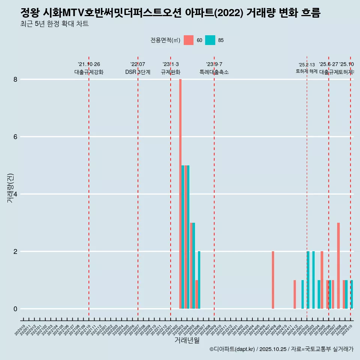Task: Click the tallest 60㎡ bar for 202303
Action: coord(180,194)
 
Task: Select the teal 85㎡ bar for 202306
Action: coord(199,280)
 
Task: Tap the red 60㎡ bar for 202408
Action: coord(273,280)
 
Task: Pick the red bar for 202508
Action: coord(338,265)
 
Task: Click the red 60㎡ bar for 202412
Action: coord(295,294)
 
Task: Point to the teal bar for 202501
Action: coord(303,294)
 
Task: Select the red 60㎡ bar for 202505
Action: coord(322,280)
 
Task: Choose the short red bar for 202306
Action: coord(196,294)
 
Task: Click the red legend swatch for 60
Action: coord(189,40)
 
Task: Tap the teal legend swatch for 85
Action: coord(210,40)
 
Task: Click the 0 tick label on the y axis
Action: coord(16,309)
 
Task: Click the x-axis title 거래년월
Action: coord(187,340)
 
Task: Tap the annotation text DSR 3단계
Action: coord(138,72)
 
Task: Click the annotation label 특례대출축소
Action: coord(214,72)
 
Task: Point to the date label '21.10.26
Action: coord(89,64)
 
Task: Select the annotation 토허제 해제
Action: coord(306,71)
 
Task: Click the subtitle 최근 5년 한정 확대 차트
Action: coord(54,24)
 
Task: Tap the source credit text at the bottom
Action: coord(281,349)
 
